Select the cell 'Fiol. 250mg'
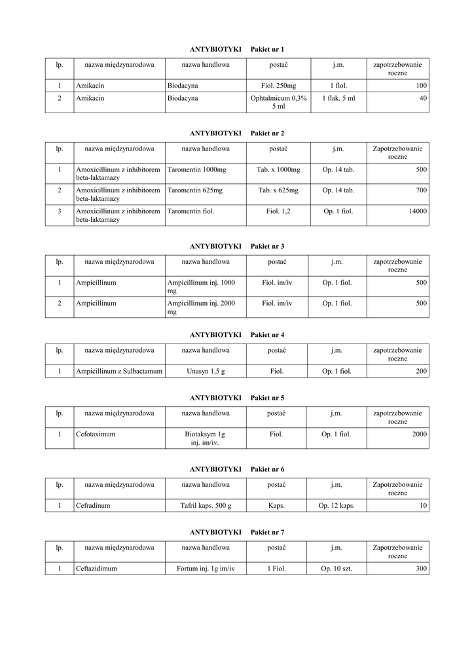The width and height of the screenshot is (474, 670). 278,86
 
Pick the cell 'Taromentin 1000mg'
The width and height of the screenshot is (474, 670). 196,169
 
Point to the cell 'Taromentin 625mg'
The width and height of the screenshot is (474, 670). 195,190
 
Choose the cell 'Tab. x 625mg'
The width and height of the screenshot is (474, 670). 278,190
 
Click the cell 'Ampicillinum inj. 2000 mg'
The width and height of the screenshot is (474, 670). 202,308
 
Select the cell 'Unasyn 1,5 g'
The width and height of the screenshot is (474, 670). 205,371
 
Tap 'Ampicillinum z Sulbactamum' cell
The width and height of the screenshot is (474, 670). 119,371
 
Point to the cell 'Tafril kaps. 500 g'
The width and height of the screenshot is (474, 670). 206,505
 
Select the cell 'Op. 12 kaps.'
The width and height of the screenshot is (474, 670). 337,505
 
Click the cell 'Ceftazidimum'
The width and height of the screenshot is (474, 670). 96,569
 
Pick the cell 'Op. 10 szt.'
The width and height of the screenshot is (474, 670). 337,569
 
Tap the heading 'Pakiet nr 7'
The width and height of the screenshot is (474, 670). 267,532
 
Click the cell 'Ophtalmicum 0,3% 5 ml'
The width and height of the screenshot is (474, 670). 278,102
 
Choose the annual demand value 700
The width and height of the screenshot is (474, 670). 420,190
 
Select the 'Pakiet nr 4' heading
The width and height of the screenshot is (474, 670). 267,334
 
